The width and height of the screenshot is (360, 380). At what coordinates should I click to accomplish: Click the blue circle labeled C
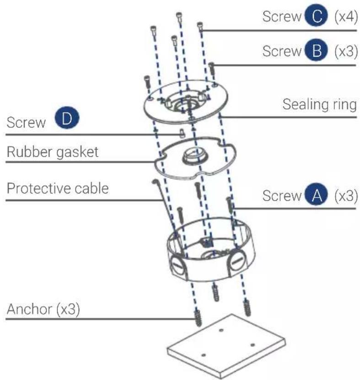(x=313, y=17)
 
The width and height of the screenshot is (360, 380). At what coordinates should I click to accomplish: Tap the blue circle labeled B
(x=313, y=51)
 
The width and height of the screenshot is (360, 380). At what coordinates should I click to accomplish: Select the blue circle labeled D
(x=67, y=120)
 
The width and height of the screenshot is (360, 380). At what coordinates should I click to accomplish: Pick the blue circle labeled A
(x=313, y=196)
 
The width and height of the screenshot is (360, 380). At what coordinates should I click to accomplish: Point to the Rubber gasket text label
(x=52, y=152)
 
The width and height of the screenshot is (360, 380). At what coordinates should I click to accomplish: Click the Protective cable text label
(x=57, y=187)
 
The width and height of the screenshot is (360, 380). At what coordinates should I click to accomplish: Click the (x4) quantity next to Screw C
(x=345, y=17)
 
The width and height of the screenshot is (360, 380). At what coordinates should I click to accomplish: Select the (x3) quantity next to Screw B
(x=345, y=51)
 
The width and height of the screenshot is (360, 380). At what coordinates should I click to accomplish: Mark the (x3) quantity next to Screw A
(x=345, y=196)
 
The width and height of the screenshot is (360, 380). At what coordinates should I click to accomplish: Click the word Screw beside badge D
(x=27, y=122)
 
